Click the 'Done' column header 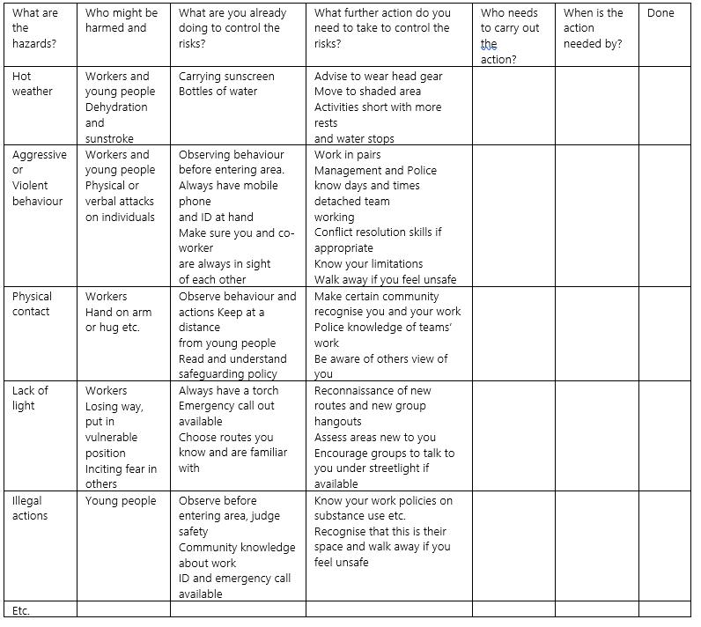coord(660,13)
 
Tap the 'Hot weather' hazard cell coord(32,84)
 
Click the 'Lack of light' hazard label coord(30,398)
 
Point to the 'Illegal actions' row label coord(30,508)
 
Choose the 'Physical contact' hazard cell coord(32,304)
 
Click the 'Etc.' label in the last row coord(21,610)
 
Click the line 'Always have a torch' coord(228,390)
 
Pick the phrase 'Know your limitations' coord(368,264)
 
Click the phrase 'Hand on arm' coord(118,313)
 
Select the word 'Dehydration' coord(116,107)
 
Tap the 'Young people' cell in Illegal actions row coord(120,501)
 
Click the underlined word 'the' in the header coord(489,44)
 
